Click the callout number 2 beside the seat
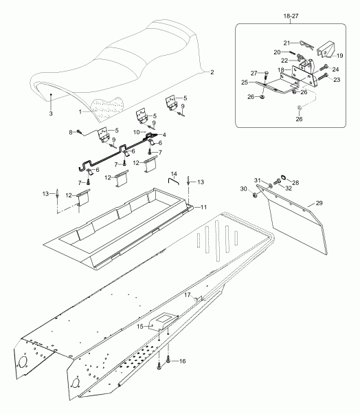[212, 72]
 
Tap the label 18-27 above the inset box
[291, 16]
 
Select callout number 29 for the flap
[319, 203]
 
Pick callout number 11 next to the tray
[203, 207]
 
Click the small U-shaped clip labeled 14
[173, 181]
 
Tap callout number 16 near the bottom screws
[182, 361]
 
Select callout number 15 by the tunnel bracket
[139, 327]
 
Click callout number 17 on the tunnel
[187, 294]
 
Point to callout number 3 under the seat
[51, 113]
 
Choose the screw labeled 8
[78, 131]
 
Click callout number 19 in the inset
[339, 56]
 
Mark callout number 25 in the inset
[245, 83]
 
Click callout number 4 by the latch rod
[164, 135]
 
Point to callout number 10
[136, 132]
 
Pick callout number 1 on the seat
[80, 112]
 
